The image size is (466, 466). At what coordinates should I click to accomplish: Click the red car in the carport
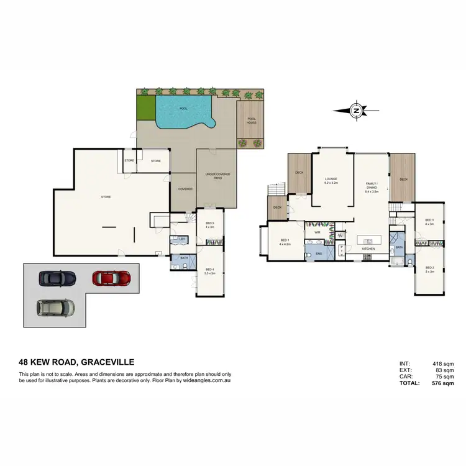(111, 277)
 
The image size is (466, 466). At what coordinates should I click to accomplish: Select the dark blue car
(57, 278)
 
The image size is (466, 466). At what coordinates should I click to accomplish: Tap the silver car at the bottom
(55, 306)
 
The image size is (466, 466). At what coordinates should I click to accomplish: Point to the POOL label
(183, 108)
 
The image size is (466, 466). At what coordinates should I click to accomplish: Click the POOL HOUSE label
(251, 121)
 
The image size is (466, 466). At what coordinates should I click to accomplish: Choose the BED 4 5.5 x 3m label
(210, 271)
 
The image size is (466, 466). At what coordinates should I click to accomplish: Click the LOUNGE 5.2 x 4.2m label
(331, 181)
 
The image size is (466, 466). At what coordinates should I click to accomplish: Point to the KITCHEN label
(368, 249)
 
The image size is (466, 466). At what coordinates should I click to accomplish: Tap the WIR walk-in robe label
(317, 232)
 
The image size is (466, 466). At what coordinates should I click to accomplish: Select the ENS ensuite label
(319, 254)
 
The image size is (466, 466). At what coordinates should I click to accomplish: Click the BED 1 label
(285, 242)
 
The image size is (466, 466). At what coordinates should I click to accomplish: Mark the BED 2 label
(429, 270)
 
